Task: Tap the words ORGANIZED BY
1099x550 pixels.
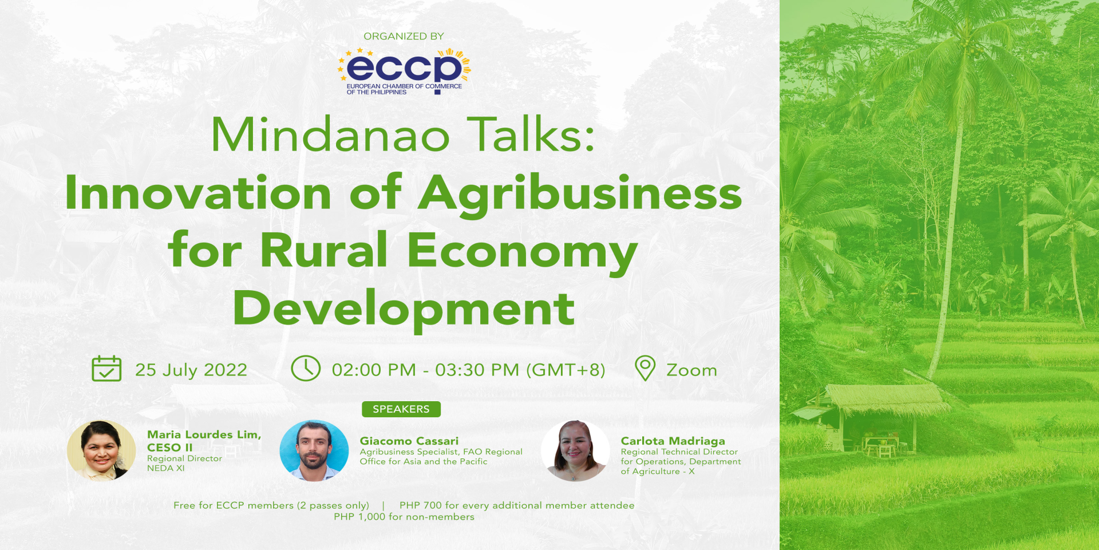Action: [404, 36]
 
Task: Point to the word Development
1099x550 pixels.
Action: [404, 309]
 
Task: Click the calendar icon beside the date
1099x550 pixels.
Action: [106, 369]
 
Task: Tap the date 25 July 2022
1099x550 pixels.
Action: [191, 370]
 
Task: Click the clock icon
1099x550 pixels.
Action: [306, 368]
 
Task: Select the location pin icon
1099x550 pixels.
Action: [645, 368]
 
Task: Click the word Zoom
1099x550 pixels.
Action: [691, 370]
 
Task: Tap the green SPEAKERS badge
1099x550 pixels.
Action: [401, 409]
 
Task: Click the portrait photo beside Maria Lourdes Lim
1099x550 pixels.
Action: [101, 450]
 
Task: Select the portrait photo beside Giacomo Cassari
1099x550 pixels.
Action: [314, 450]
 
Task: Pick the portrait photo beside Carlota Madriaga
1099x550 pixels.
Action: [575, 450]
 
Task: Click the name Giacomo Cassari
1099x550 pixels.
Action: [409, 441]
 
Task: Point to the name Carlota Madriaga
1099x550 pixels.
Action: [673, 441]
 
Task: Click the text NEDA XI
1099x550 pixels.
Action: [166, 468]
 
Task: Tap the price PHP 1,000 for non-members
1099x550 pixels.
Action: [404, 517]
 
